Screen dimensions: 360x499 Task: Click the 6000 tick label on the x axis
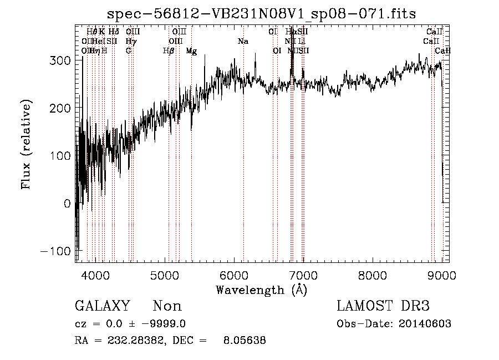click(234, 275)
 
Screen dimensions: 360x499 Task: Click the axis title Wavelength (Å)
click(261, 289)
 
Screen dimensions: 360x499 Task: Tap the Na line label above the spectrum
click(243, 42)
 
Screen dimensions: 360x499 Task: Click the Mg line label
click(191, 51)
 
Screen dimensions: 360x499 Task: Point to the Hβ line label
click(169, 51)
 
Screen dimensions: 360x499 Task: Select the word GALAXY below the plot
click(103, 306)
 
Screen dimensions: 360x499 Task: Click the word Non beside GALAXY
click(167, 306)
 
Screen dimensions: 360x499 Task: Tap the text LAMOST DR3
click(383, 306)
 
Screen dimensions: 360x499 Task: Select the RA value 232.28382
click(128, 341)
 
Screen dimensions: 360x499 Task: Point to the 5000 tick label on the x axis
click(165, 275)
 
